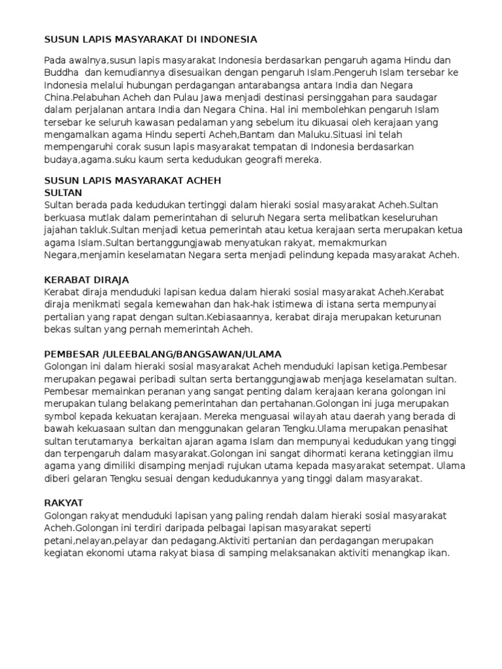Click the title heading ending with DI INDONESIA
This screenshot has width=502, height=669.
tap(150, 39)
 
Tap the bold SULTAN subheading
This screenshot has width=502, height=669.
tap(63, 193)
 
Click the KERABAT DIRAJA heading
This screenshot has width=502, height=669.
tap(86, 279)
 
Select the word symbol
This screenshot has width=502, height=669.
tap(60, 416)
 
